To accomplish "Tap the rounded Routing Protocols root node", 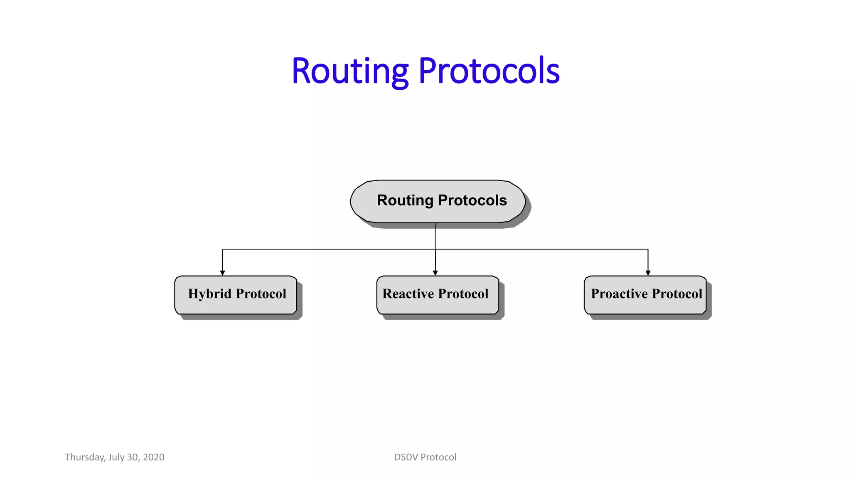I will (x=438, y=201).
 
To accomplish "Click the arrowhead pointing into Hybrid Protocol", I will (x=222, y=273).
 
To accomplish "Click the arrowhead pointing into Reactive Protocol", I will (x=435, y=273).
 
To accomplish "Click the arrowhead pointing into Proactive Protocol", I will (x=648, y=273).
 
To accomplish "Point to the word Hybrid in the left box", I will (x=209, y=294).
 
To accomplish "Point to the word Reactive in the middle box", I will (x=408, y=294).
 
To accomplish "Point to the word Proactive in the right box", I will (x=619, y=294).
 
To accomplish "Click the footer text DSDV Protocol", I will (x=425, y=457).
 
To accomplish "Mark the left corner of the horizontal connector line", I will (x=222, y=249).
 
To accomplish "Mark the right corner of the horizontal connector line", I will (x=648, y=249).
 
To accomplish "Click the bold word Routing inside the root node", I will (x=405, y=200).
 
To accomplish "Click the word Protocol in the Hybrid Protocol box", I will (x=261, y=294).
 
